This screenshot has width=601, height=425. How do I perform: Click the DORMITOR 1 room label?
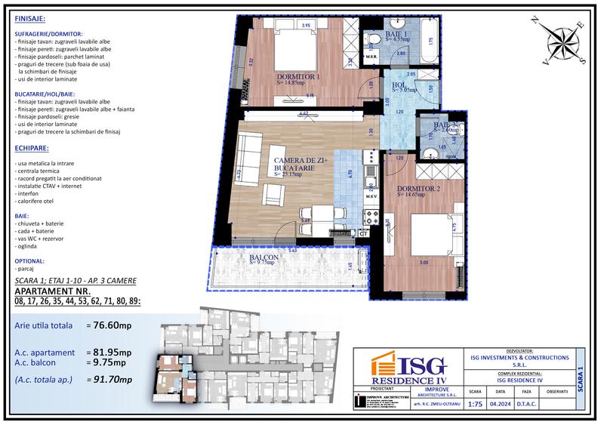point(299,77)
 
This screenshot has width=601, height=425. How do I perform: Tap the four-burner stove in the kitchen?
point(371,217)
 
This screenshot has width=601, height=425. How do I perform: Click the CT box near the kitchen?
point(363,234)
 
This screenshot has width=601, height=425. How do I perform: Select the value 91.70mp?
point(110,379)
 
